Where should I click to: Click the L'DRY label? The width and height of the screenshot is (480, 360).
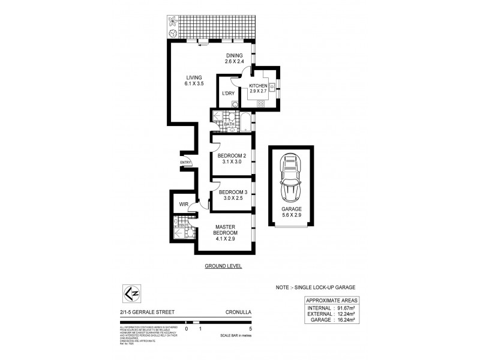tap(228, 94)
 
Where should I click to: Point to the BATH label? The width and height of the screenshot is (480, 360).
tap(229, 124)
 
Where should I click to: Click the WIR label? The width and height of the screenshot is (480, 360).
tap(184, 205)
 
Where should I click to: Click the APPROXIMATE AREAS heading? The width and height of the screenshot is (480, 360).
tap(332, 300)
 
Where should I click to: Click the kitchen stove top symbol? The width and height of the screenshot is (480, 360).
tap(262, 104)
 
